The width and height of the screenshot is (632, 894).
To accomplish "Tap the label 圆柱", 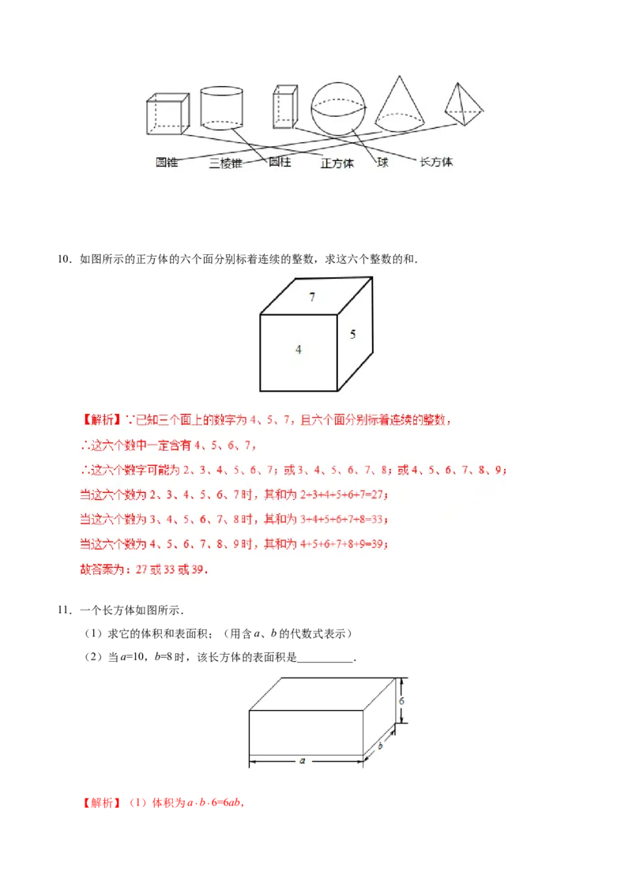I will coord(280,162).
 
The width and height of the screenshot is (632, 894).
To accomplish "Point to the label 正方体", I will coord(337,163).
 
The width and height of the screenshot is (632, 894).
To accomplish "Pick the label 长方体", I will coord(436,162).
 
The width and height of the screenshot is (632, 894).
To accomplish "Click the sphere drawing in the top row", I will coord(339,109).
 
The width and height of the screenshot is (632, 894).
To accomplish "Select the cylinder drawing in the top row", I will coord(221,107).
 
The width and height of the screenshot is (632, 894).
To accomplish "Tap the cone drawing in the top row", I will coord(401,103).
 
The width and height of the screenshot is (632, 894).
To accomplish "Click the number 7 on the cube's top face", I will coord(312,298).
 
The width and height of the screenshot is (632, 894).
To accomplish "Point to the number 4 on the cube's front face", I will coord(299,349).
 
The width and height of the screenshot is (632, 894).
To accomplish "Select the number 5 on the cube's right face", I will coord(353,334).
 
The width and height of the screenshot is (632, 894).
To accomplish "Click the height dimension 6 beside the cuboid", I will coord(401,701).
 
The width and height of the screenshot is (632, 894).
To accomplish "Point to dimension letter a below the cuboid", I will coord(303,761).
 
